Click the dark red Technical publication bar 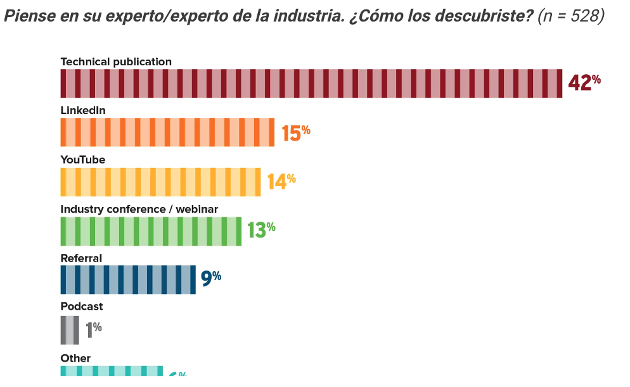(x=311, y=84)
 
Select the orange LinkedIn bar (x=167, y=132)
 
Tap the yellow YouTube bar (x=160, y=182)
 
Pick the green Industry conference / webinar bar (x=151, y=231)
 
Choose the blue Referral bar (x=128, y=280)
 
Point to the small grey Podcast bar (x=70, y=329)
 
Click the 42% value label (x=584, y=82)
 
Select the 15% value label (x=296, y=132)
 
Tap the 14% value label (x=281, y=181)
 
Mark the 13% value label (x=261, y=229)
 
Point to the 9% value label (x=211, y=278)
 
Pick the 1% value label (x=94, y=328)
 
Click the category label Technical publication (x=116, y=61)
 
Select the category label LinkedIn (x=83, y=110)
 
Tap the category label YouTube (x=83, y=160)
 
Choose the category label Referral (x=81, y=258)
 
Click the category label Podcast (x=82, y=307)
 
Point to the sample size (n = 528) (x=570, y=16)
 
